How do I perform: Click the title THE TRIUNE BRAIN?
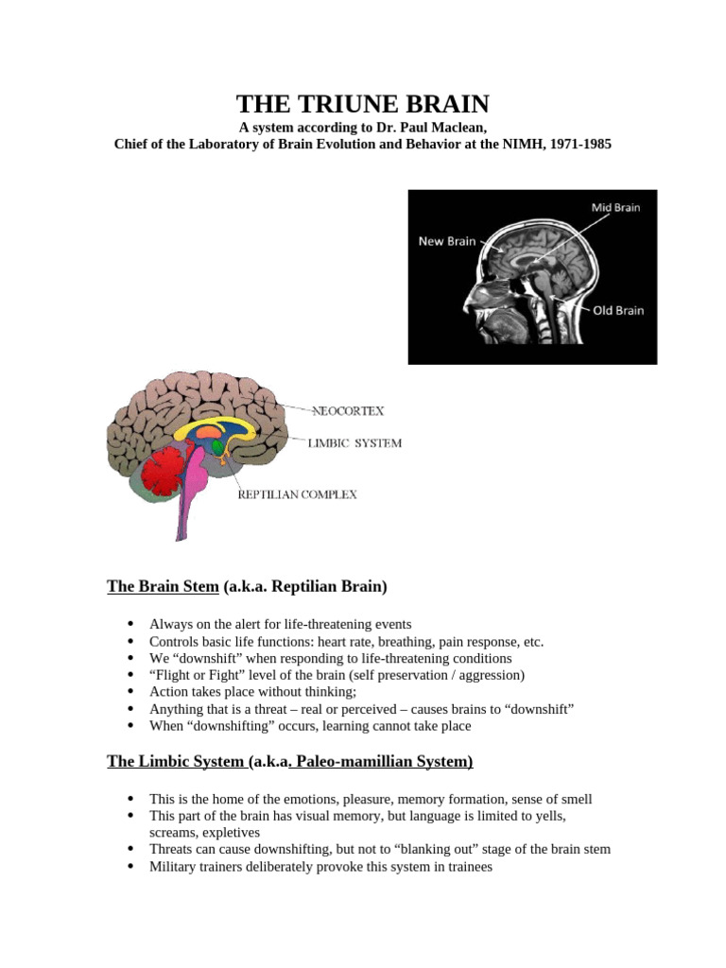[x=363, y=104]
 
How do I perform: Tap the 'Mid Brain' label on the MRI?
[x=615, y=208]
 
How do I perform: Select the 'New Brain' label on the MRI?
[x=446, y=241]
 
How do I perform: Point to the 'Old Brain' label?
[x=617, y=310]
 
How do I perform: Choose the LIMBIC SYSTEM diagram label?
[x=355, y=442]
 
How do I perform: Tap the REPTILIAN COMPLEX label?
[x=297, y=494]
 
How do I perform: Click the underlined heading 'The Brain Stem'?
[x=163, y=586]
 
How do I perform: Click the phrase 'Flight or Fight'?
[x=195, y=675]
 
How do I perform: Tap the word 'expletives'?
[x=229, y=832]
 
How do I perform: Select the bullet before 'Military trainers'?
[x=130, y=866]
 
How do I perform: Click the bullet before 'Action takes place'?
[x=130, y=692]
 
